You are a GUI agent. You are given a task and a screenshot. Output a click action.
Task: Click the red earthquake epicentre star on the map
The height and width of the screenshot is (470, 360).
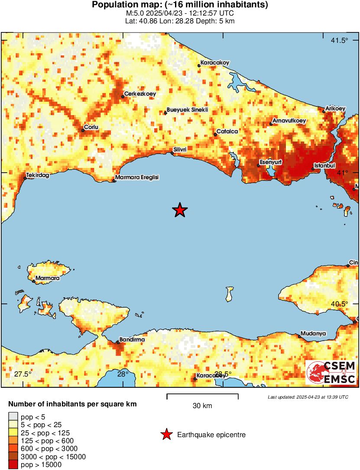pos(180,210)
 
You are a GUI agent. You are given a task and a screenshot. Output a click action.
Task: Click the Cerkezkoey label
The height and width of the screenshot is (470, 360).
pos(140,93)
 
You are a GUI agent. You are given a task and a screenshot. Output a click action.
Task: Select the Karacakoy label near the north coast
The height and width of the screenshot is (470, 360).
pos(215,63)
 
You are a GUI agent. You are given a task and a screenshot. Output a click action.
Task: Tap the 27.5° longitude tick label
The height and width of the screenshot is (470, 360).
pos(23,374)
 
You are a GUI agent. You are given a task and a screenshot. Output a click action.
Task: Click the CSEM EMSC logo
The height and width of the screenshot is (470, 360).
pos(331,373)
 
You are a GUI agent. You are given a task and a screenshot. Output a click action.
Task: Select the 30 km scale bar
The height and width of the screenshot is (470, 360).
pos(202,395)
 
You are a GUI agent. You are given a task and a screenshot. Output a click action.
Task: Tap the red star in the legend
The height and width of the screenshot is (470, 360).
pos(166,435)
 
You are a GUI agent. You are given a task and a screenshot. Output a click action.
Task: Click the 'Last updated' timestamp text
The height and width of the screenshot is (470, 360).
pos(308,397)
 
